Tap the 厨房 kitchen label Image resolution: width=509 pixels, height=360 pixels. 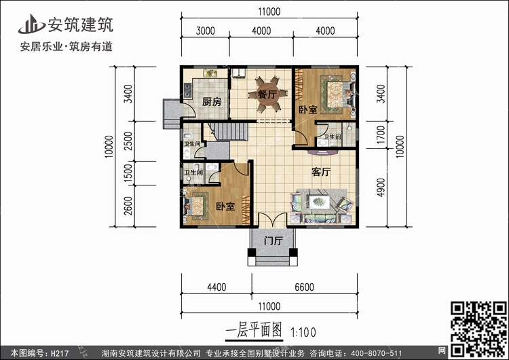click(x=212, y=102)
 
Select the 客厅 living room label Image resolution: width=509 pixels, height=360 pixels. click(x=321, y=173)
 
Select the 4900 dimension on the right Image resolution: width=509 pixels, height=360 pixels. click(x=381, y=186)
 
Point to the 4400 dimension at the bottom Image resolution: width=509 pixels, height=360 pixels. click(x=216, y=287)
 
